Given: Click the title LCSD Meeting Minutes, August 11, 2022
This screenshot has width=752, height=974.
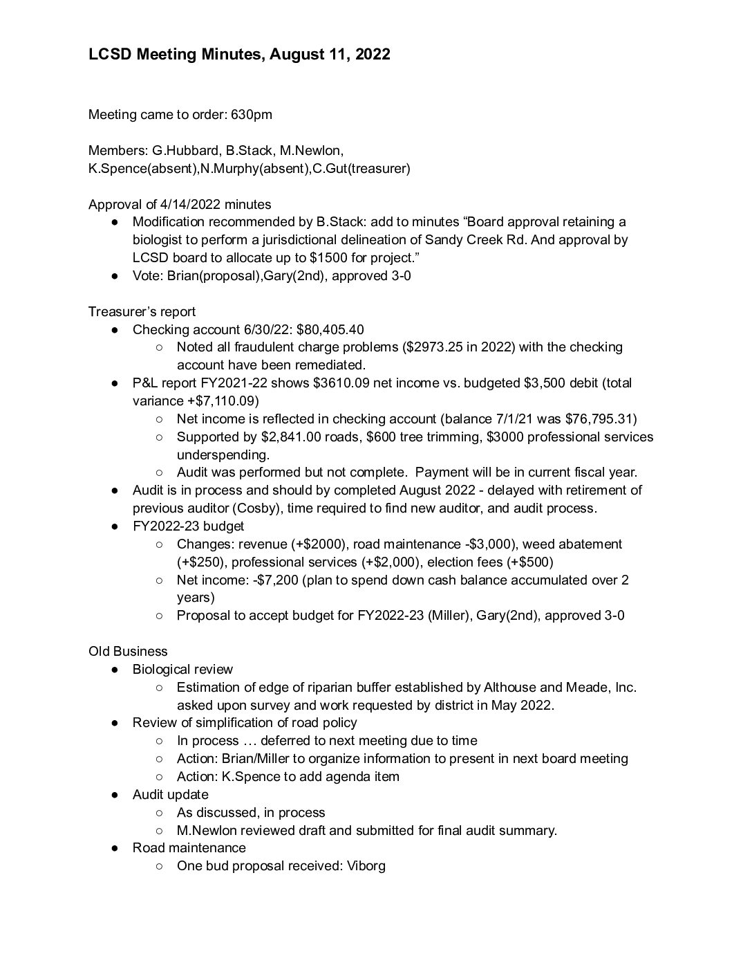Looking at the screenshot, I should point(239,55).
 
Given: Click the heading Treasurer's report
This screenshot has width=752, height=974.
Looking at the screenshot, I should point(142,312).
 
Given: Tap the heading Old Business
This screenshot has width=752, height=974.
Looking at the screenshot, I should point(128,652).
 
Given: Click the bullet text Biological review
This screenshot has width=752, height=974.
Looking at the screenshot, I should point(182,670).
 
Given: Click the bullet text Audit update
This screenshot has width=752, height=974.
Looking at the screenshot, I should point(170,795).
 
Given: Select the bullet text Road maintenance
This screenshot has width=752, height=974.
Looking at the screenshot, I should point(189,848).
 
